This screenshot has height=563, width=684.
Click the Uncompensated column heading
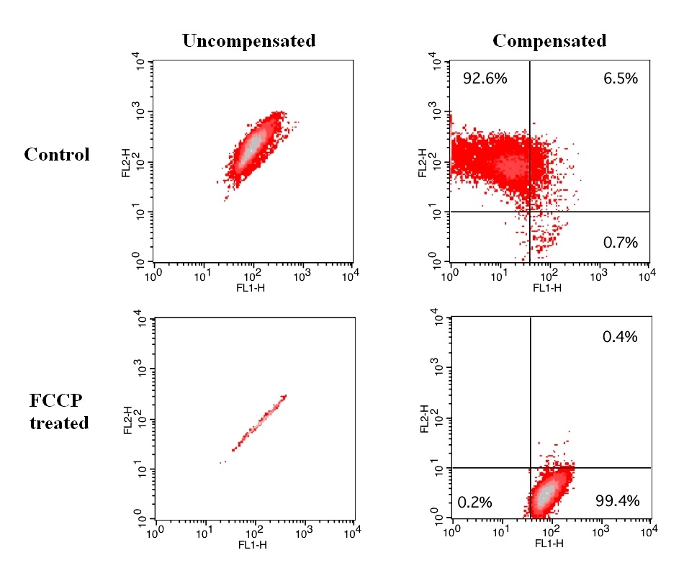coord(248,41)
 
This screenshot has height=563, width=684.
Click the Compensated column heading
coord(549,41)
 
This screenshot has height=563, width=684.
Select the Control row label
coord(57,155)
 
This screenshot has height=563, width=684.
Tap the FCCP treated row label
coord(59,412)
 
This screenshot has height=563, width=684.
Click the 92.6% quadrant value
coord(485,78)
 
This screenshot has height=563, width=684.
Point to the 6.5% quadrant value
coord(620,78)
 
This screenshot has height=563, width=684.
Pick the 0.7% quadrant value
coord(621,243)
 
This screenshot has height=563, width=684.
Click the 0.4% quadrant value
coord(621,336)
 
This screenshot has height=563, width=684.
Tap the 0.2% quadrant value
coord(474,502)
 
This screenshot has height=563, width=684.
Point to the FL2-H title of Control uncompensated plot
coord(127,162)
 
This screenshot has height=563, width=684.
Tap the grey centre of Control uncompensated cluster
coord(251,149)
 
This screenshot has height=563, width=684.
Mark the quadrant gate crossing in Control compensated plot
coord(530,211)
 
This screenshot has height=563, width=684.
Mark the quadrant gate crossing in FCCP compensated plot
coord(530,468)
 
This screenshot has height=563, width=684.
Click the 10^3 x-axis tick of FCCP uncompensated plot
coord(303,534)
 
